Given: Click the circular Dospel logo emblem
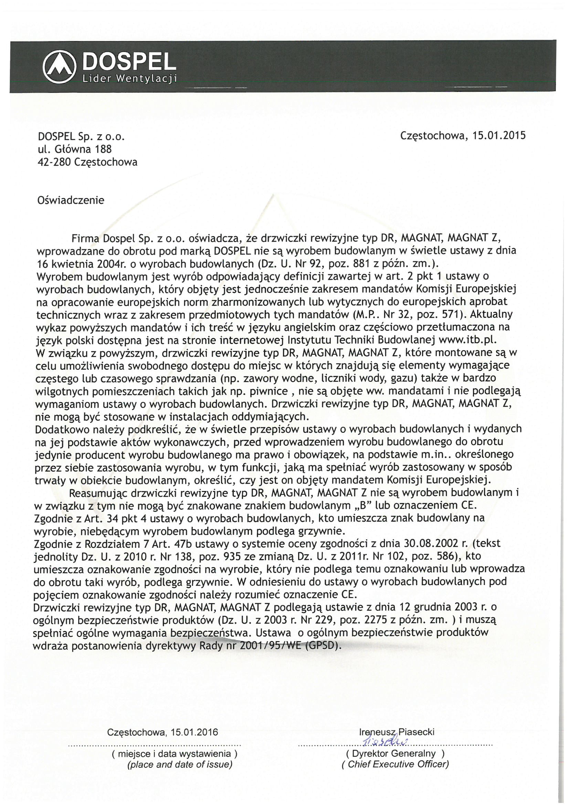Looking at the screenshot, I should (59, 66).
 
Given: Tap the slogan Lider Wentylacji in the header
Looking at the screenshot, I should (129, 79).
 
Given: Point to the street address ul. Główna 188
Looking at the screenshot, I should (75, 149).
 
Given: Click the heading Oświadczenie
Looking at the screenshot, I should (71, 200).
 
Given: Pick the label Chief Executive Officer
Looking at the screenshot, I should (395, 764).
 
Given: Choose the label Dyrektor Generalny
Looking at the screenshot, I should (395, 753).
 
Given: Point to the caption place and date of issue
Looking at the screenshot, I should (179, 765).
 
